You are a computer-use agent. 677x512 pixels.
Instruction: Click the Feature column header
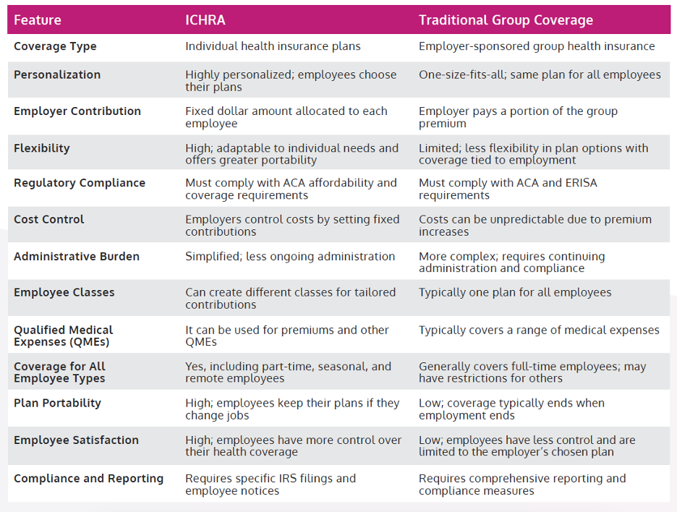(x=38, y=20)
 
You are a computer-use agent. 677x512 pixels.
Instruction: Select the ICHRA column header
(x=205, y=20)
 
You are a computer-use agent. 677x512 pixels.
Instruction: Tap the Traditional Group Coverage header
(x=506, y=20)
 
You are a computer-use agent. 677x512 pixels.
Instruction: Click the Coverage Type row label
(x=55, y=46)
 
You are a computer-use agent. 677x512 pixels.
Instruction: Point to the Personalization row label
(x=57, y=74)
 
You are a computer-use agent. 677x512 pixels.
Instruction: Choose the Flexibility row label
(x=42, y=148)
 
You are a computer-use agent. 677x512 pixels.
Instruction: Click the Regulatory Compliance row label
(x=80, y=183)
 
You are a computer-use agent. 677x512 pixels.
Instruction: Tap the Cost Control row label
(x=49, y=219)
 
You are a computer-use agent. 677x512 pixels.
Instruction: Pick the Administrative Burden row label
(x=77, y=256)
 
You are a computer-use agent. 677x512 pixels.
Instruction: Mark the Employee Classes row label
(x=64, y=292)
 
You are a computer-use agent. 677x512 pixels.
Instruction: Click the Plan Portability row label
(x=57, y=403)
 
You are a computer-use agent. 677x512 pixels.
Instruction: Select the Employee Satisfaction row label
(x=76, y=440)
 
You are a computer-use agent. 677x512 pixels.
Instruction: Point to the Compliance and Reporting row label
(x=88, y=478)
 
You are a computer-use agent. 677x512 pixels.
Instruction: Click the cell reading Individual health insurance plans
(x=273, y=46)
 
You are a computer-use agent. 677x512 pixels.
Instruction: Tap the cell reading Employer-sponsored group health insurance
(x=537, y=46)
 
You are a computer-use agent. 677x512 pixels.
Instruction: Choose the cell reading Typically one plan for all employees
(x=515, y=292)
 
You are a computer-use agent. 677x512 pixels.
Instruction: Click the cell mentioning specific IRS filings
(x=271, y=484)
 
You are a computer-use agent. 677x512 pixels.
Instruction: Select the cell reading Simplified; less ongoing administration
(x=290, y=256)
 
